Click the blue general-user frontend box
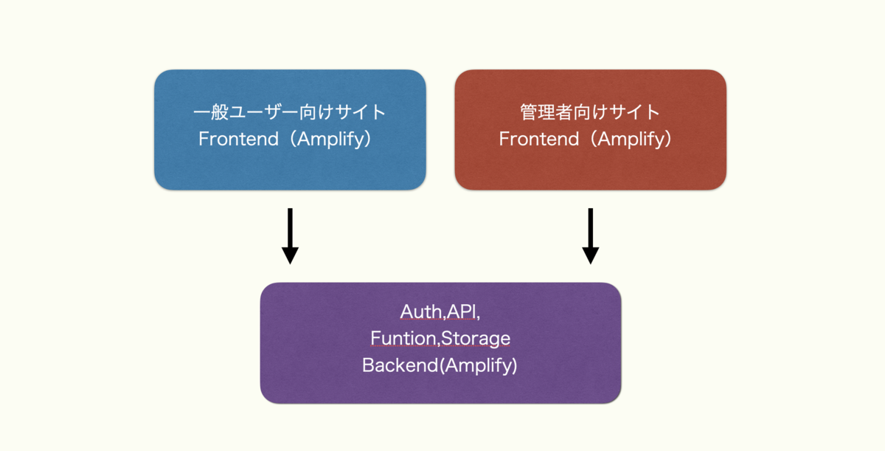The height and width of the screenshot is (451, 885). click(x=290, y=130)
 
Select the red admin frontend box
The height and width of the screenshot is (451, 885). click(x=590, y=130)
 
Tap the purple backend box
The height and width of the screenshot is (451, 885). click(x=440, y=342)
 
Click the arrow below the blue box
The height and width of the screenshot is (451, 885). click(x=290, y=236)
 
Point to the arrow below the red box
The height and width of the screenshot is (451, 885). click(x=590, y=236)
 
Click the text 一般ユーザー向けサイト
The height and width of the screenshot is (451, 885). click(x=290, y=112)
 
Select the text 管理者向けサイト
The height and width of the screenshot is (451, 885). click(x=590, y=112)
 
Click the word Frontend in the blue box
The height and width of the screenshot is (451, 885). click(x=239, y=139)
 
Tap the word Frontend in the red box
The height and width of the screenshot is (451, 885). click(x=539, y=139)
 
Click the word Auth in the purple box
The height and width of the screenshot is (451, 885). click(x=421, y=311)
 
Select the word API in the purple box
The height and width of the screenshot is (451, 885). click(x=462, y=311)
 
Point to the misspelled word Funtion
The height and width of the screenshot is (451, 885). click(x=403, y=338)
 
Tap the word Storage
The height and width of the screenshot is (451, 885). click(x=475, y=339)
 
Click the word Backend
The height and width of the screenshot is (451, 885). click(x=400, y=365)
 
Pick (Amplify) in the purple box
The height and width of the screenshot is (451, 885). click(x=479, y=365)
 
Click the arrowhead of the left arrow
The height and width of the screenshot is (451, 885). click(x=290, y=255)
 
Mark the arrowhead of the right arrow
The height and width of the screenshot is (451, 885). click(x=590, y=255)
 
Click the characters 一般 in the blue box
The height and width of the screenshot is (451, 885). click(x=211, y=112)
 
